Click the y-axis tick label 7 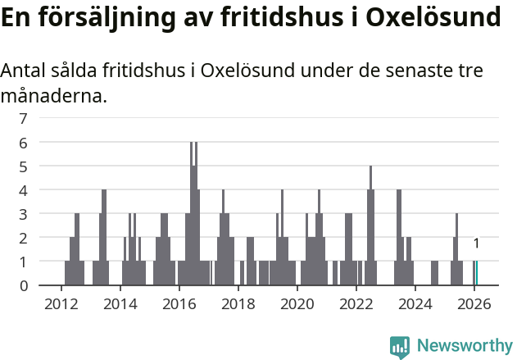(23, 119)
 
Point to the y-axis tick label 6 (23, 143)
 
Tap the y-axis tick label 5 (23, 166)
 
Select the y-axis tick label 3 (23, 214)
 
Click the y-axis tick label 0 (23, 285)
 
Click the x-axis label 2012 (61, 303)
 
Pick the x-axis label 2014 (120, 303)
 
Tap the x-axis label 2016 (179, 303)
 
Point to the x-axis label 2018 (238, 303)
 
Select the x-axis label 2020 (297, 303)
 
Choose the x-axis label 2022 (356, 303)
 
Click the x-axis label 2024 (415, 303)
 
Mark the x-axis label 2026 (474, 303)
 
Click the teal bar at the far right (476, 273)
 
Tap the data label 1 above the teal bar (476, 244)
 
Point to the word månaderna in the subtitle (53, 97)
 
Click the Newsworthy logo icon (400, 347)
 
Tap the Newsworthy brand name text (464, 347)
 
